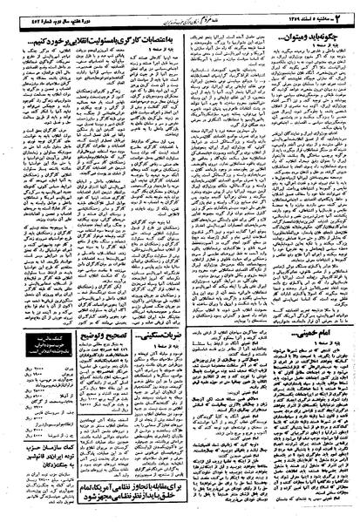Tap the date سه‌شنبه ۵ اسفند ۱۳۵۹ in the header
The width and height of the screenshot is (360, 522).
click(x=317, y=11)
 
